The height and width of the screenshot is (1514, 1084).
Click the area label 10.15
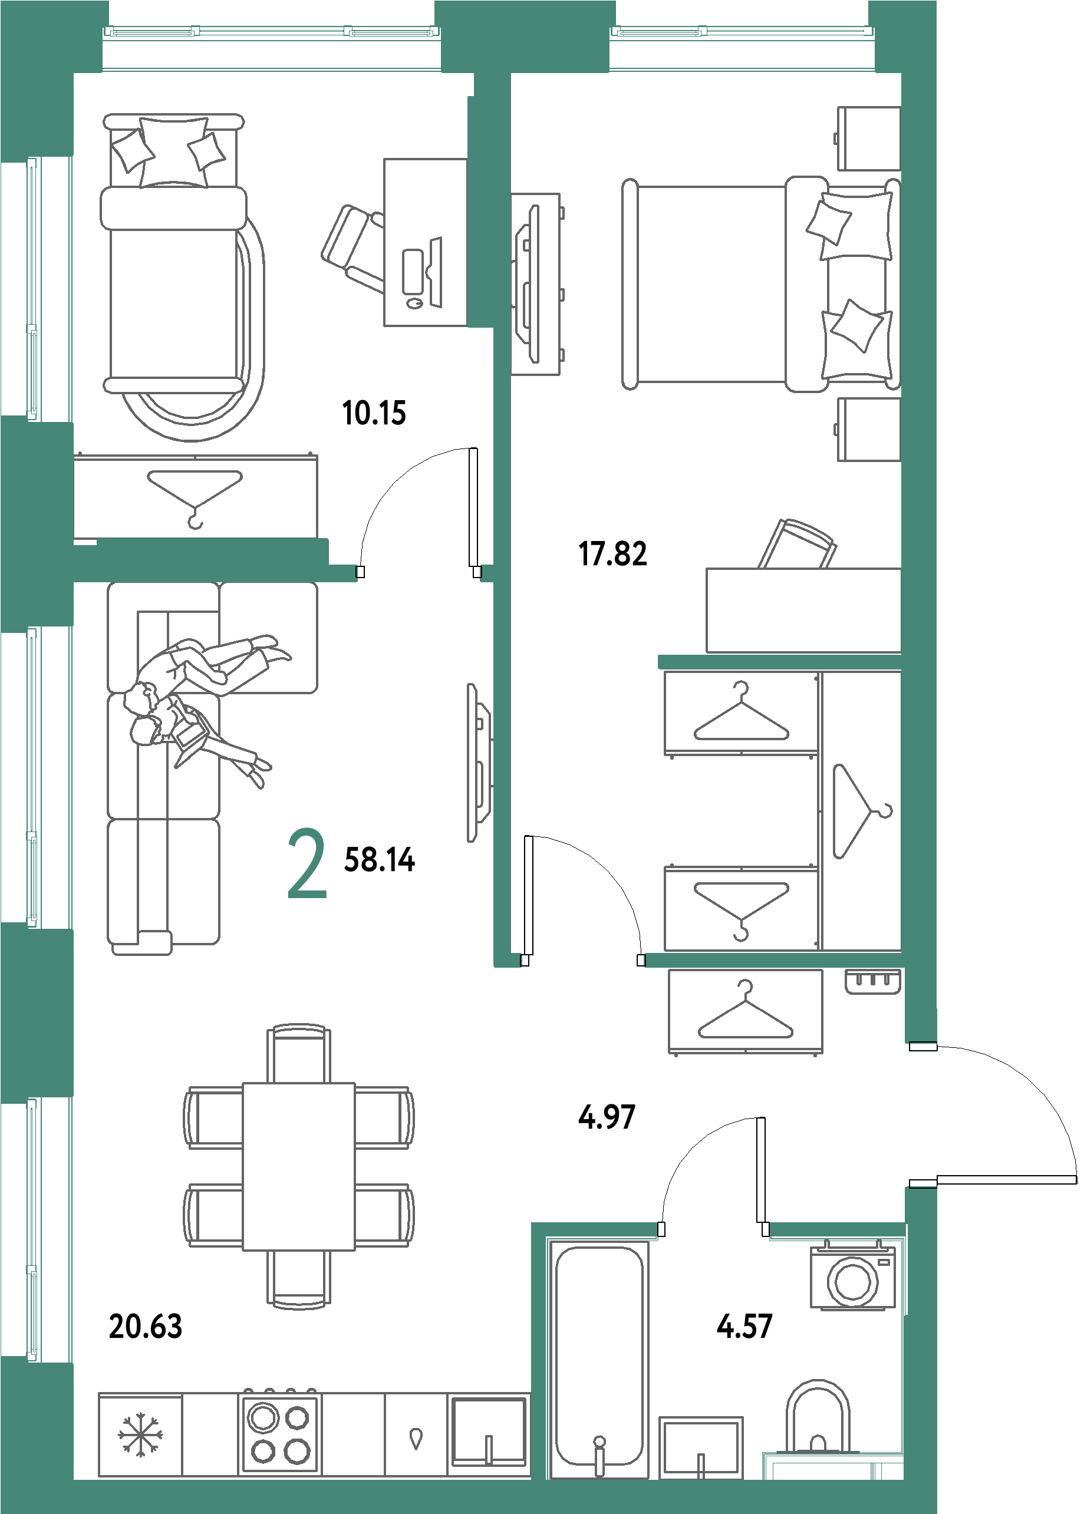(374, 413)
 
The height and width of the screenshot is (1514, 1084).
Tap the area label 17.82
(613, 554)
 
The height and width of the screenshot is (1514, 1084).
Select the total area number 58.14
(379, 859)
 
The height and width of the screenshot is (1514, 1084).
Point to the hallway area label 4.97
(607, 1117)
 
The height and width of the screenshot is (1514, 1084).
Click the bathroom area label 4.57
(744, 1326)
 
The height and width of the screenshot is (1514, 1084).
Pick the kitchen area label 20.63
(146, 1326)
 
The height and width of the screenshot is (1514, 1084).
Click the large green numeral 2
(307, 863)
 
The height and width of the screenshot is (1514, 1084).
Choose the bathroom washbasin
(701, 1447)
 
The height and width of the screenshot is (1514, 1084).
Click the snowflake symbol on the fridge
(140, 1434)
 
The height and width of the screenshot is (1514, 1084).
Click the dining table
(298, 1166)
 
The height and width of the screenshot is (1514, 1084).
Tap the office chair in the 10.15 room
(353, 248)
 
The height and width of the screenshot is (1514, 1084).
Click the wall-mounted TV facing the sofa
(478, 762)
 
